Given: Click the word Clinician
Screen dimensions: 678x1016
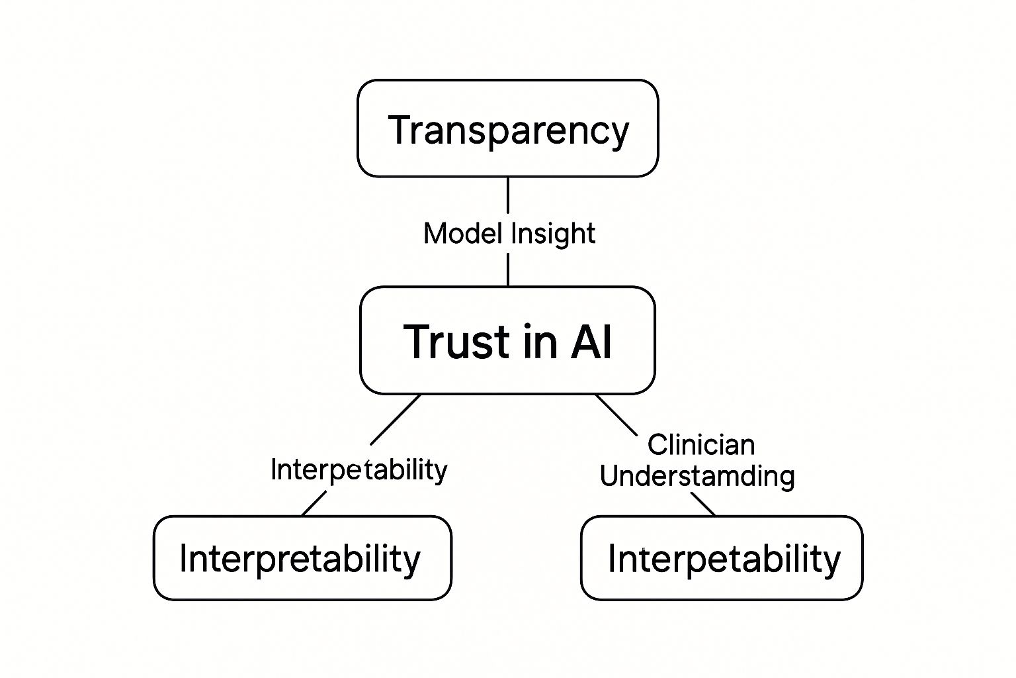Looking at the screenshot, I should tap(700, 444).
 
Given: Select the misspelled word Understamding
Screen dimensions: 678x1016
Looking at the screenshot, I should tap(697, 476).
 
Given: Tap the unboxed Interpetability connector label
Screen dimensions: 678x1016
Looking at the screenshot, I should tap(359, 470).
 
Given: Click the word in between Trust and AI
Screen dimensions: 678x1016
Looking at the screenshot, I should tap(529, 342).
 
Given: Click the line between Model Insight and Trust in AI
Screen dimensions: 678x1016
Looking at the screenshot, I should tap(507, 269).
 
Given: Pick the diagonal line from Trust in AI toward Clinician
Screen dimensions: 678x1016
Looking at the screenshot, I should tap(616, 414).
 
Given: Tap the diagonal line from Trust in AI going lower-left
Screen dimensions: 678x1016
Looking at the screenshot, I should tap(396, 420).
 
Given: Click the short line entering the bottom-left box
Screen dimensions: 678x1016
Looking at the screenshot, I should tap(314, 503).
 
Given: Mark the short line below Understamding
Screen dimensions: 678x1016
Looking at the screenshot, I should tap(703, 504).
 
